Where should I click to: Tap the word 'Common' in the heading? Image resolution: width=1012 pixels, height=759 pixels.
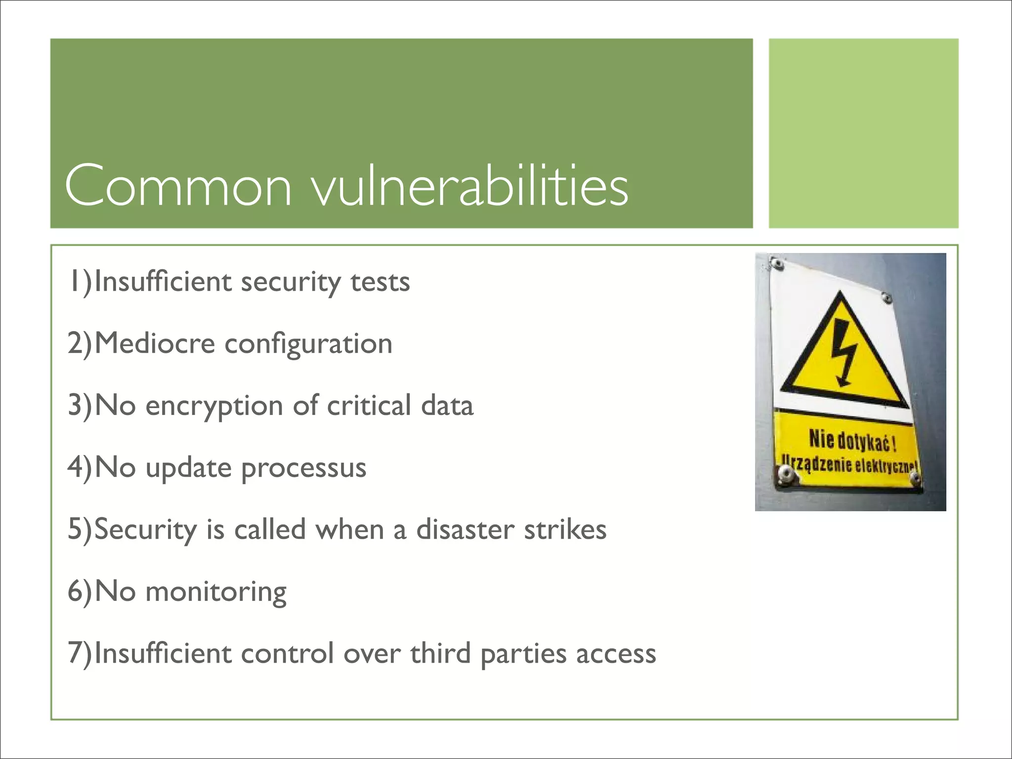tap(178, 186)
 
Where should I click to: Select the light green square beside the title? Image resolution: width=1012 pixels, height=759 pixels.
tap(863, 133)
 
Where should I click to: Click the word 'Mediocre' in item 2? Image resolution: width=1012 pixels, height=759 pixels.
tap(155, 343)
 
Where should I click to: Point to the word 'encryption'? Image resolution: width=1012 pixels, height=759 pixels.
tap(214, 406)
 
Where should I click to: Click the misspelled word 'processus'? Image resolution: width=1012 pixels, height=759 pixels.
tap(303, 468)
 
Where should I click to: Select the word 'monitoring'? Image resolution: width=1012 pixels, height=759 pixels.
tap(215, 592)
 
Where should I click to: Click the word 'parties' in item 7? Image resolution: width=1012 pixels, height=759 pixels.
tap(523, 654)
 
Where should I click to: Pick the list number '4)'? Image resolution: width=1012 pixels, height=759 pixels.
tap(79, 467)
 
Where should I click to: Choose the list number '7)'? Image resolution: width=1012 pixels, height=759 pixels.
tap(79, 653)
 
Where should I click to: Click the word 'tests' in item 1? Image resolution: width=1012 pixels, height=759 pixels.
tap(380, 282)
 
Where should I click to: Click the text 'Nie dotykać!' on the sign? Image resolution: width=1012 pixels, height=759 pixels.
tap(852, 440)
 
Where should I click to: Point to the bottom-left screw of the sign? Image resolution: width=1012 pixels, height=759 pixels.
tap(785, 476)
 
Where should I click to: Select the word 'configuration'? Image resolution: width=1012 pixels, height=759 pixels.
tap(308, 344)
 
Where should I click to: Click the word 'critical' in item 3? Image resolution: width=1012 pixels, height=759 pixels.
tap(369, 405)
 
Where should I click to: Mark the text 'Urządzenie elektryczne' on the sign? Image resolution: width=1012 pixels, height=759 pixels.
tap(848, 465)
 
